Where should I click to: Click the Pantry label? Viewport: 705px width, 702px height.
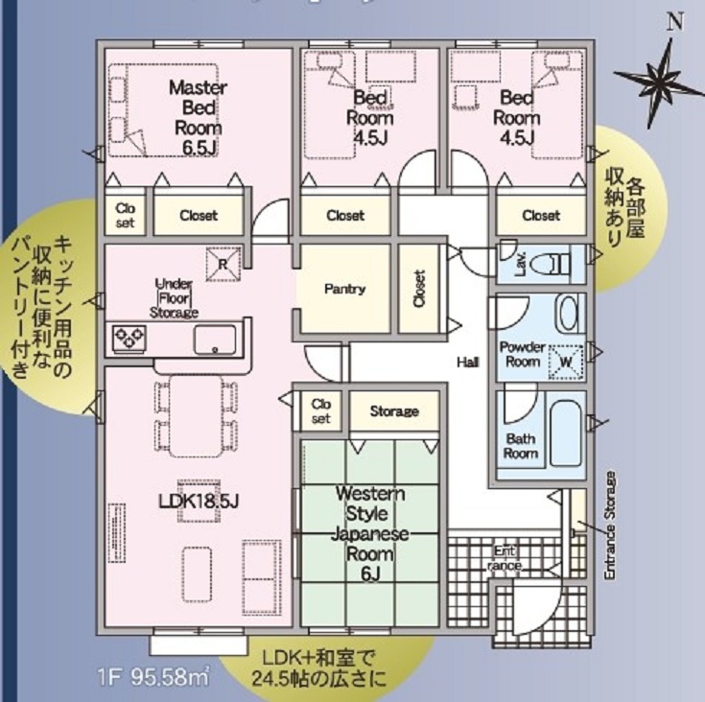345,289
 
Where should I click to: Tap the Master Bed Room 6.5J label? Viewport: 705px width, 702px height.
198,118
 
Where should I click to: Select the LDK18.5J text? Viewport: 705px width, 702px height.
199,501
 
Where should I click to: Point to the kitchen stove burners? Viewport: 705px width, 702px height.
129,337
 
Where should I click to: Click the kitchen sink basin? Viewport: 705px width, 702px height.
215,339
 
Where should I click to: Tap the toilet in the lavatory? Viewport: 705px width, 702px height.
550,265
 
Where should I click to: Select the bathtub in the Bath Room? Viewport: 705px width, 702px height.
566,434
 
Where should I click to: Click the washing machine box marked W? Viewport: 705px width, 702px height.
566,362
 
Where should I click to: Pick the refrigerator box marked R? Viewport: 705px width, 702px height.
223,264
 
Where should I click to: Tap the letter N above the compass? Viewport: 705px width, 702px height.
674,21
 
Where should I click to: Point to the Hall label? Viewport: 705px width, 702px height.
468,362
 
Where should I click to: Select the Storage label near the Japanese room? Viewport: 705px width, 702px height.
394,411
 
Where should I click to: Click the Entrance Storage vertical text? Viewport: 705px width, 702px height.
610,525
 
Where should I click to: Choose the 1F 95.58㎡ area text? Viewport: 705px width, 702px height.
153,676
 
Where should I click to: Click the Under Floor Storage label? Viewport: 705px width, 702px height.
174,298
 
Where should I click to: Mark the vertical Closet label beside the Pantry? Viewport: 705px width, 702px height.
419,289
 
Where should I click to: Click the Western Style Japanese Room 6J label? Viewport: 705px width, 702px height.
369,533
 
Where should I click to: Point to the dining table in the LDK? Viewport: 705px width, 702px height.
196,415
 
